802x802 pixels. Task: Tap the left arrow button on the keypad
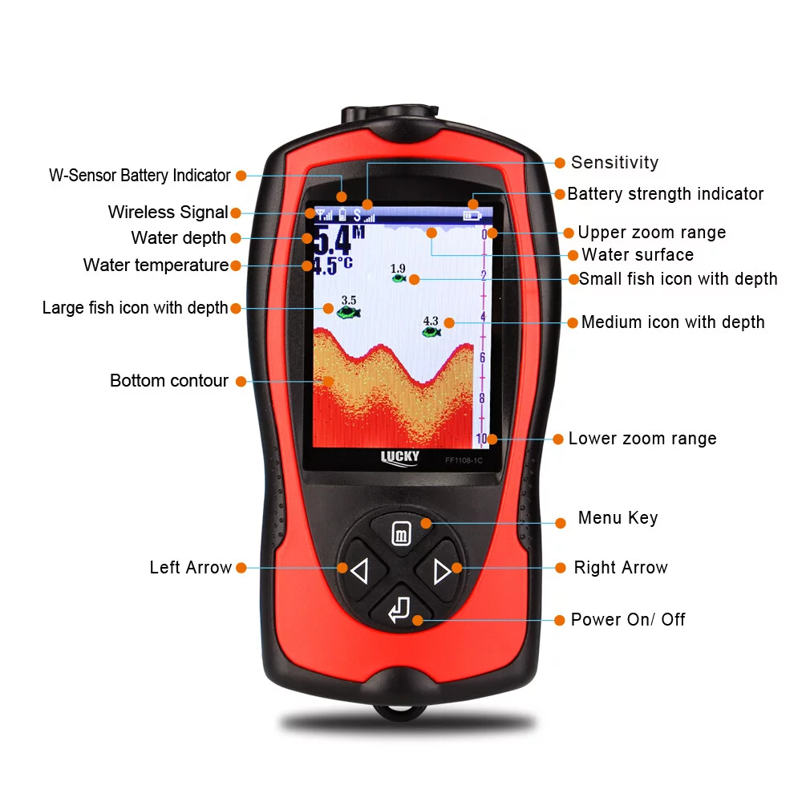[x=358, y=571]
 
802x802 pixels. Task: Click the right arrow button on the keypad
[x=442, y=571]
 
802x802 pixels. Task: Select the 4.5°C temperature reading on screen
[x=332, y=265]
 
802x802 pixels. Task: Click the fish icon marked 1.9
[x=399, y=278]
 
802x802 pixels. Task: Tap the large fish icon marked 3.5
[x=349, y=312]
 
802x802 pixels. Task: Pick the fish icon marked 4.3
[x=431, y=331]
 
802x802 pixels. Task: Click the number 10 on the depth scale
[x=481, y=439]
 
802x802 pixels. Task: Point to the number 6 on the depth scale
[x=482, y=357]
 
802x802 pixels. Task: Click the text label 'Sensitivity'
[x=614, y=163]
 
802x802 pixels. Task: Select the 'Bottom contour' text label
[x=169, y=381]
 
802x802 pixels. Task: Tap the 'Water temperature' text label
[x=156, y=265]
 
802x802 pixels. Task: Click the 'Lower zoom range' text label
[x=642, y=439]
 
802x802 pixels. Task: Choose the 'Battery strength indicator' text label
[x=666, y=194]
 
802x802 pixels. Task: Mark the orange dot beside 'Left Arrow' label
[x=241, y=568]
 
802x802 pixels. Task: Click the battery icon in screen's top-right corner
[x=472, y=215]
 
